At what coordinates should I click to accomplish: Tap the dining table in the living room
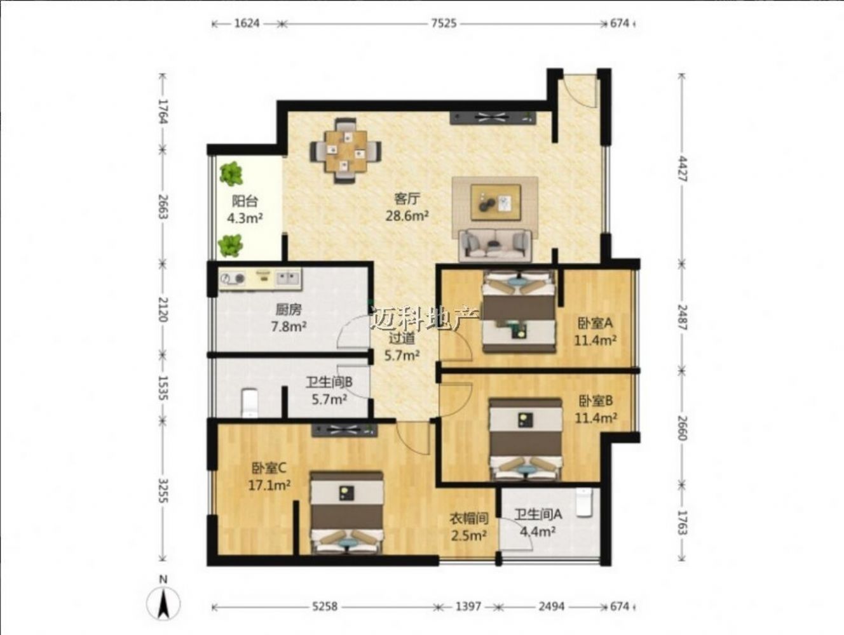(x=346, y=151)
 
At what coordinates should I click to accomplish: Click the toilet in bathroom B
(x=250, y=403)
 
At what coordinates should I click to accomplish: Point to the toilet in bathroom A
(x=584, y=503)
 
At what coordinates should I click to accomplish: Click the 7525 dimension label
(x=444, y=23)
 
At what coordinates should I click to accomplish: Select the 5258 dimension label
(x=325, y=606)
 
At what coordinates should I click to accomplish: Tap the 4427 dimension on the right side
(x=682, y=169)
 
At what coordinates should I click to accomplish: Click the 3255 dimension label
(x=163, y=491)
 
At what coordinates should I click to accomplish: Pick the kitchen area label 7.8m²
(x=289, y=326)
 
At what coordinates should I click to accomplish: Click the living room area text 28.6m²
(x=407, y=216)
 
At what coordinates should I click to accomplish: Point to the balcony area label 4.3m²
(x=245, y=218)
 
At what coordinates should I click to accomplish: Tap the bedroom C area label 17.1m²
(x=269, y=486)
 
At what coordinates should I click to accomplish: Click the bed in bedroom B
(x=525, y=439)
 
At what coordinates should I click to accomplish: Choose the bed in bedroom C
(x=347, y=513)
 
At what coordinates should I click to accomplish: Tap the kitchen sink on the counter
(x=288, y=277)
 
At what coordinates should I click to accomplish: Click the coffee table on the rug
(x=496, y=203)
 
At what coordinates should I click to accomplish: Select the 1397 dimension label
(x=468, y=606)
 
